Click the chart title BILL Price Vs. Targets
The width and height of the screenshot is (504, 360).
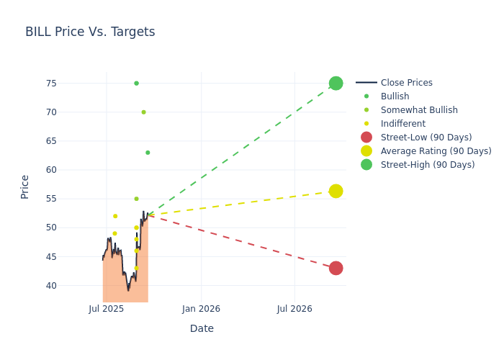click(x=90, y=32)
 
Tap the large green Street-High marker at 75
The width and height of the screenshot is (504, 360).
click(x=336, y=83)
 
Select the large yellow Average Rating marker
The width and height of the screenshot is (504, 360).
click(x=336, y=191)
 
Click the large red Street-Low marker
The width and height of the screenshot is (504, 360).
click(x=336, y=268)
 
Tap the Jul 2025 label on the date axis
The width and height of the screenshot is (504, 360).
click(x=107, y=309)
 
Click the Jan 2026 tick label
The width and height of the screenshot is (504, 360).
click(x=201, y=309)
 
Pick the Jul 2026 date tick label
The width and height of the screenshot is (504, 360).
click(x=294, y=309)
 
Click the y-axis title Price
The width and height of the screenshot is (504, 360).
click(x=25, y=186)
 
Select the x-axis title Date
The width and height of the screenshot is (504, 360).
click(x=202, y=328)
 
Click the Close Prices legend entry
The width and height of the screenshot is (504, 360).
click(x=406, y=83)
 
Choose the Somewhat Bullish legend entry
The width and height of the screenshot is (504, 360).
click(x=419, y=110)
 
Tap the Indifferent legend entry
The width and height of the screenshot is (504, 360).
click(x=402, y=124)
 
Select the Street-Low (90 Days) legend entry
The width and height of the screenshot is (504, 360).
click(x=426, y=138)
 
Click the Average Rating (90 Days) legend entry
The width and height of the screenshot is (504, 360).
click(x=436, y=151)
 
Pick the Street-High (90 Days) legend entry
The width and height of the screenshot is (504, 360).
click(x=427, y=165)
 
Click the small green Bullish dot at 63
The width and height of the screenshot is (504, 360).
click(x=148, y=153)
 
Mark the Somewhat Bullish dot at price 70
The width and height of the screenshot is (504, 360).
click(x=143, y=112)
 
